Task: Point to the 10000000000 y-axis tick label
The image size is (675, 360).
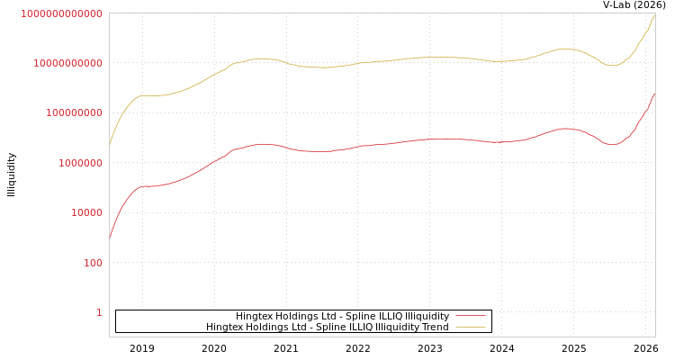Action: pos(67,63)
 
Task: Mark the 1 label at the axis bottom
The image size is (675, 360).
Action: pos(99,312)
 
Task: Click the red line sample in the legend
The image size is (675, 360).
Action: pos(471,316)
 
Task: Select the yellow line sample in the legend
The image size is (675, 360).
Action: pos(471,327)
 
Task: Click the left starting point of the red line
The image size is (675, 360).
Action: pos(110,238)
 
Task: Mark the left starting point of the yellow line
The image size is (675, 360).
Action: pos(110,144)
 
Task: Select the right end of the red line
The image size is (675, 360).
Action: pos(655,92)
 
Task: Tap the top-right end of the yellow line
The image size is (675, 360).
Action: pos(655,13)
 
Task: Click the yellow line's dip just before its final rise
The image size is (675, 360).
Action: pos(613,66)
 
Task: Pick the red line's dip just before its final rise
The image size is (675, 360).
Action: pos(613,144)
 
